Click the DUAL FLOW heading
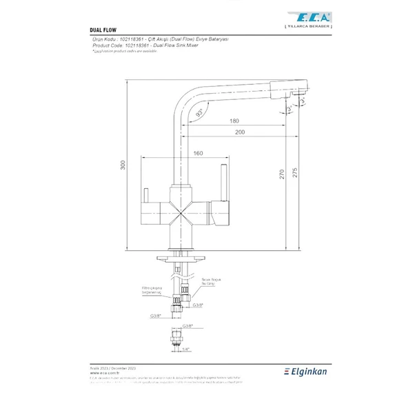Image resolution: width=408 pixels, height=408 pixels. pos(102,31)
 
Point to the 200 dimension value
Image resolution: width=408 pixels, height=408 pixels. pos(238,132)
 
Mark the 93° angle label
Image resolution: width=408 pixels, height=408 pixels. pos(199,112)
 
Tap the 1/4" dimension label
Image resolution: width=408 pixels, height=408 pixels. pos(185,349)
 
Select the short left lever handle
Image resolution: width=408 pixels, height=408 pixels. pos(147,196)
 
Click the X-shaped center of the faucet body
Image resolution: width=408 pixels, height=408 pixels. pos(183,210)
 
